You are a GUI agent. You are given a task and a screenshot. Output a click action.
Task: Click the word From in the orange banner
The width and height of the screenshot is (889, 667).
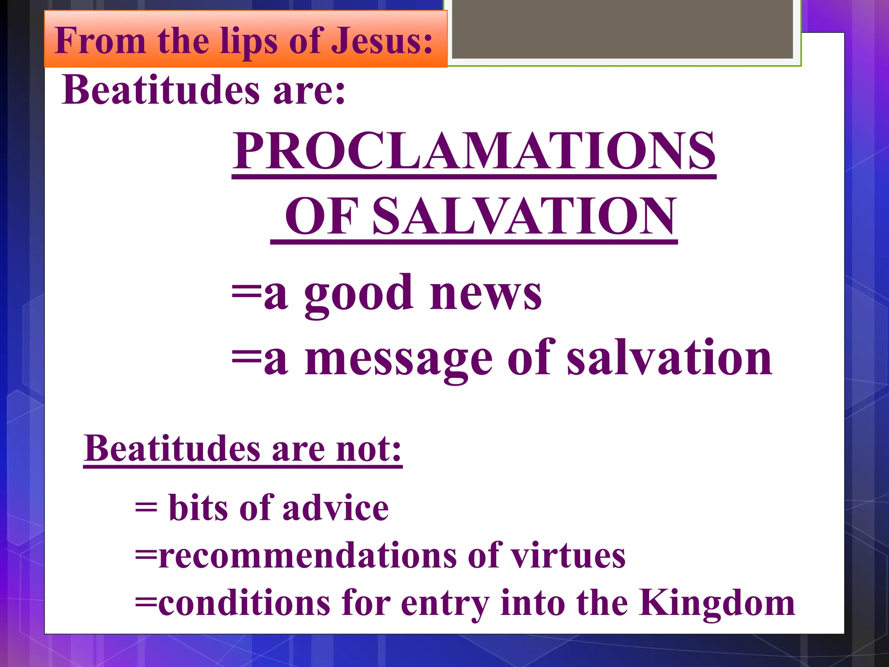(x=100, y=41)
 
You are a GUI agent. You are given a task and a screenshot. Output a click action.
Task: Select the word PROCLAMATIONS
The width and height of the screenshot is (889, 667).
(x=474, y=151)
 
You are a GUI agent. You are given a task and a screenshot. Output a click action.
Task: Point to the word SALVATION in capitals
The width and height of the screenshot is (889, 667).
(x=525, y=216)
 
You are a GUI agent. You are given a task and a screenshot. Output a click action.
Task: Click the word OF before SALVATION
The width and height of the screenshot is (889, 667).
(x=321, y=216)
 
